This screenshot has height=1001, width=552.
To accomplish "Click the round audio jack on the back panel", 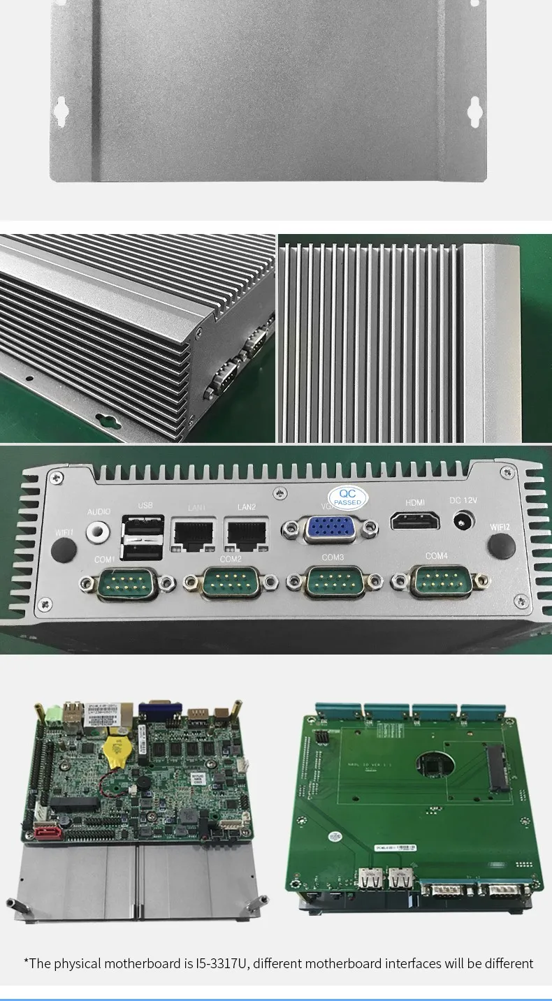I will pyautogui.click(x=99, y=532).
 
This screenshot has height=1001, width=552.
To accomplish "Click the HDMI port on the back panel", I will pyautogui.click(x=415, y=521).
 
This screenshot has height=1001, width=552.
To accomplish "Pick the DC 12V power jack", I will pyautogui.click(x=462, y=521).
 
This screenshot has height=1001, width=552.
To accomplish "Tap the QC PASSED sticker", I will pyautogui.click(x=347, y=497).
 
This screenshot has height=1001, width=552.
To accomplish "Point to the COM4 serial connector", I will pyautogui.click(x=437, y=580).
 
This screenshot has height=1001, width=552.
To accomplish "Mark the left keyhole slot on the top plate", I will pyautogui.click(x=61, y=110).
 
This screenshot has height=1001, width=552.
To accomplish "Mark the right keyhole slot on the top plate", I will pyautogui.click(x=475, y=110).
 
